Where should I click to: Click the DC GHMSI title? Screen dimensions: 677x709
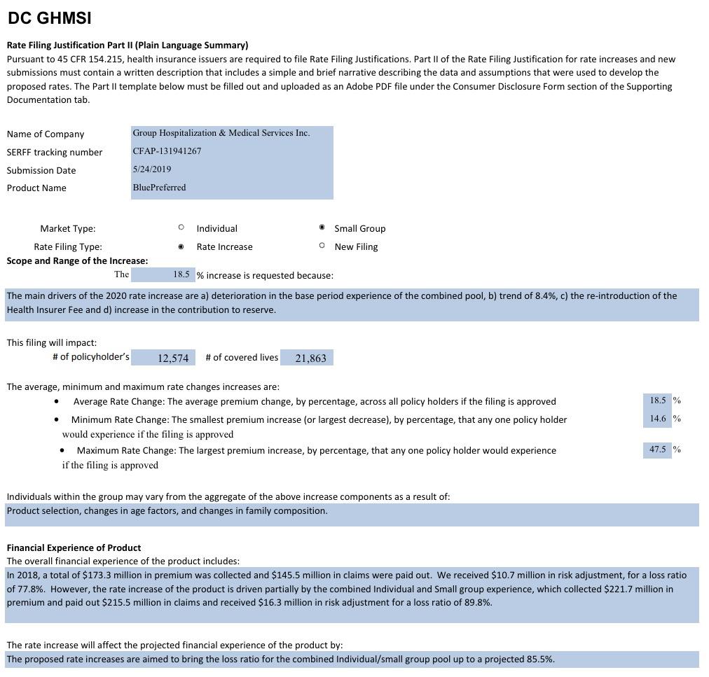[50, 19]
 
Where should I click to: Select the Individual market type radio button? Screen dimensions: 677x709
[181, 228]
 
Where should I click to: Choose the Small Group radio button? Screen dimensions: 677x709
[322, 228]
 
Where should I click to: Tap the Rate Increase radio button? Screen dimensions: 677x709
[181, 246]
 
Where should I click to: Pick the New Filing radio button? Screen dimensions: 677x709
[322, 246]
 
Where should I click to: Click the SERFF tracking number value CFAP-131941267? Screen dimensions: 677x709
[167, 151]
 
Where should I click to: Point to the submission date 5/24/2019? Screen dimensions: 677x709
[152, 169]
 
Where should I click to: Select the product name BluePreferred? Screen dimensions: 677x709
[159, 188]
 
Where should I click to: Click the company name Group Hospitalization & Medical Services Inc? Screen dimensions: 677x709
[221, 133]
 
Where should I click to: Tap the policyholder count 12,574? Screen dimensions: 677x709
[173, 358]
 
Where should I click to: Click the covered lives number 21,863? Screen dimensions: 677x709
[310, 358]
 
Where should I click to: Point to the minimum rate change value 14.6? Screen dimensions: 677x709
[657, 419]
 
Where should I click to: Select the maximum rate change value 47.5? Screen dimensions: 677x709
[657, 449]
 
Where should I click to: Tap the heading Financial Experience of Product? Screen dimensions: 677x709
[74, 547]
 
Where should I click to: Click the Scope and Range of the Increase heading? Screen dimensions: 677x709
[77, 260]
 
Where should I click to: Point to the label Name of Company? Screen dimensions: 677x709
[46, 134]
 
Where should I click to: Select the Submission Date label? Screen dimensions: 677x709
[41, 170]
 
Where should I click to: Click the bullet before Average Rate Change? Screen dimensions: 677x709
[56, 402]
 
